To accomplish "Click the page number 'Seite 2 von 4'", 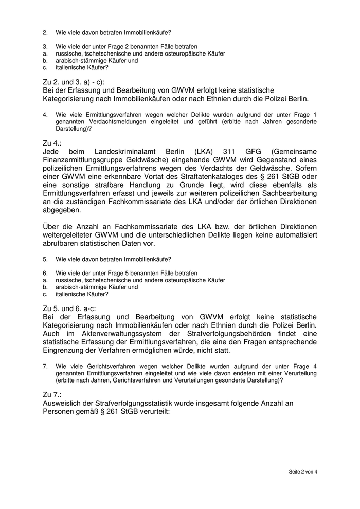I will pos(303,471).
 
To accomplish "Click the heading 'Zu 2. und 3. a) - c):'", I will pos(74,82).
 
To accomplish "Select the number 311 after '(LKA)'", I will pos(230,152).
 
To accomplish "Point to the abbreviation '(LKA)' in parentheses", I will pos(205,152).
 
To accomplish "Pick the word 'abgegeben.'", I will pos(62,210).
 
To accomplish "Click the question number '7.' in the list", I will pos(45,366).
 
